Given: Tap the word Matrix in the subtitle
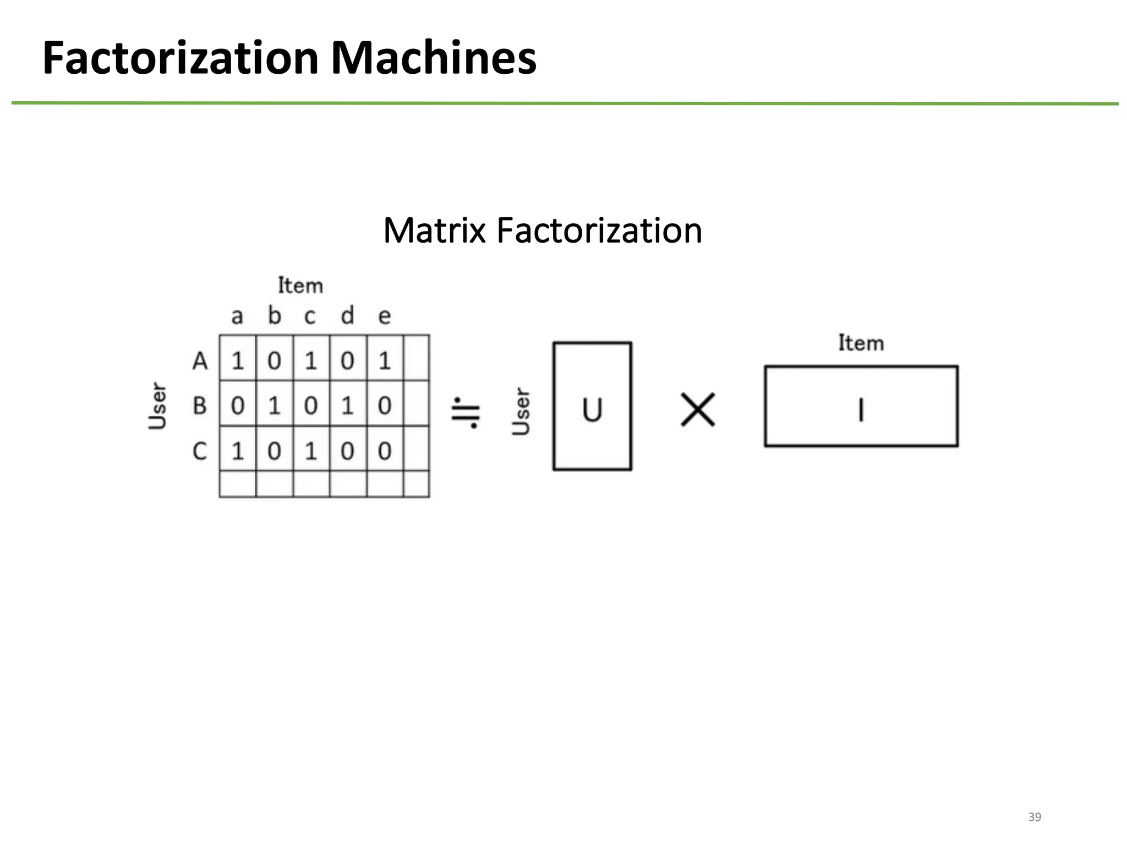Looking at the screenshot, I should (434, 231).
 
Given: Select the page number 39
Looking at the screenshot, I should (1035, 817).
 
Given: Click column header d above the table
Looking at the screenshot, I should (347, 316).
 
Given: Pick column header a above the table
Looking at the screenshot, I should (237, 316).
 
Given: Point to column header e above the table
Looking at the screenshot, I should (384, 316).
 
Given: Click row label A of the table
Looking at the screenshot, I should (200, 361).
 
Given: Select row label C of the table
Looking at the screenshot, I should (200, 451).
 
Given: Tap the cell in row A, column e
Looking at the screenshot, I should (385, 361).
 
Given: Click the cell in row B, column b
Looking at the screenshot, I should (274, 406).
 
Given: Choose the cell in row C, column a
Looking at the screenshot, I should (237, 451).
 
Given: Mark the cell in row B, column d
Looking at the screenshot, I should (347, 406).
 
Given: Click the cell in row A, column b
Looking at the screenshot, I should (274, 361).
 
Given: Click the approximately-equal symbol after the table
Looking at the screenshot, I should (466, 412).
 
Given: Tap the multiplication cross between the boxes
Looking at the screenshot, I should (698, 409).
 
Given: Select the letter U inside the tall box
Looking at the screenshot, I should (592, 410).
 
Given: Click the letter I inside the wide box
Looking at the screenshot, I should (861, 410).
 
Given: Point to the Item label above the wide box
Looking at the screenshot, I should (861, 343).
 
